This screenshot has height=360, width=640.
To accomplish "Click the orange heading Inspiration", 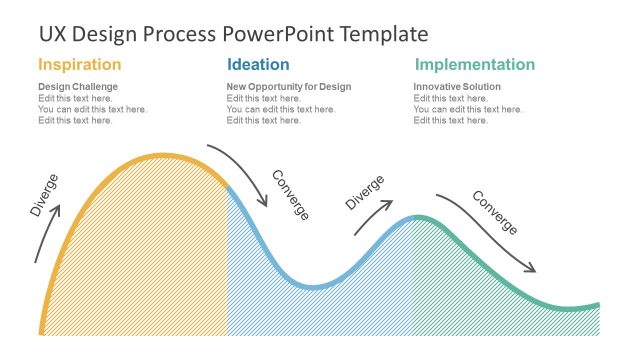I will [x=80, y=65].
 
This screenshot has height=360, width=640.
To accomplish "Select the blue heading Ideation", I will [x=258, y=65].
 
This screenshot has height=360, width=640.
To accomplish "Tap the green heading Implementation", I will [x=475, y=65].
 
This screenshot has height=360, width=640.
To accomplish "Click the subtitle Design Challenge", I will [x=77, y=87].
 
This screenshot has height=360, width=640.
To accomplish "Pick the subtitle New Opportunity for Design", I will [x=289, y=87].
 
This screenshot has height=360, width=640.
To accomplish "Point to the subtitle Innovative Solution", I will [x=457, y=87].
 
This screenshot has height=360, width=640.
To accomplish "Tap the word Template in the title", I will [x=384, y=34].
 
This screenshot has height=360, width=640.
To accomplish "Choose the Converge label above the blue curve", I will [x=291, y=195].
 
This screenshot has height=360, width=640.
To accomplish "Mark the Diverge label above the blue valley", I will [x=365, y=192].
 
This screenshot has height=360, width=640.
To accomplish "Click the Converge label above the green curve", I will [x=494, y=212].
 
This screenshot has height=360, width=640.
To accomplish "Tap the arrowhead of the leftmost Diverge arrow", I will [x=58, y=209].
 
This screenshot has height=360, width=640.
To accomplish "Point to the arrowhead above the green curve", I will [x=532, y=269].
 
